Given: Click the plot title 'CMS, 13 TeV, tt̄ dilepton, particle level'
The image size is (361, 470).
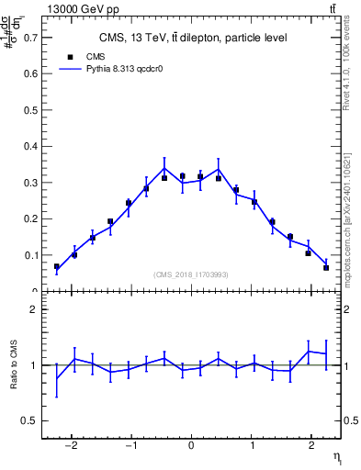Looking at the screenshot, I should click(x=192, y=38).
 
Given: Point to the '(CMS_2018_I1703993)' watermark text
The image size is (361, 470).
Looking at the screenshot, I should click(x=191, y=274).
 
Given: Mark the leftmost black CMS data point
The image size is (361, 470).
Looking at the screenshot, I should click(x=57, y=266).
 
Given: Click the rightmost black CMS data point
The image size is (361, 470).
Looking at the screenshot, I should click(x=326, y=267).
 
